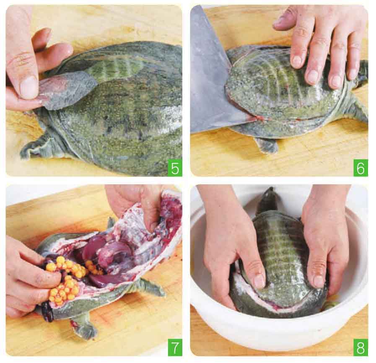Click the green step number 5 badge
175,167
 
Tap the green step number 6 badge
360,167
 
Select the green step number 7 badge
175,347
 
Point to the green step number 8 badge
360,347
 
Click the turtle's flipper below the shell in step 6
267,145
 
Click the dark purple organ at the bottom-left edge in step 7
47,311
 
